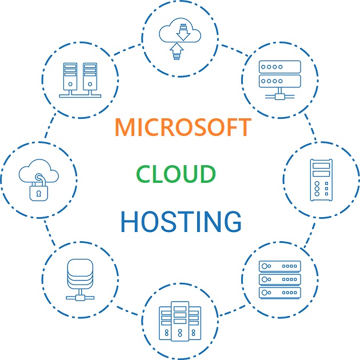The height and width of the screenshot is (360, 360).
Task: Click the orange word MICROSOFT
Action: point(182,127)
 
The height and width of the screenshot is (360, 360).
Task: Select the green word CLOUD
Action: point(176,174)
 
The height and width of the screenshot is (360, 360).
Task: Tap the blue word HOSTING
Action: point(181,221)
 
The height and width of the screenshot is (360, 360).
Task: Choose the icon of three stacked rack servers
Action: point(279,279)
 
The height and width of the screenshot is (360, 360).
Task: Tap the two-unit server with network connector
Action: point(279,77)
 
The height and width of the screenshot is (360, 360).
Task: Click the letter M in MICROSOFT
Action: point(125,127)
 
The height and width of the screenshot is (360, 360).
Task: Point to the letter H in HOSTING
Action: point(130,221)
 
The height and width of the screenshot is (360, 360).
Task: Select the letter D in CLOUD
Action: point(207,174)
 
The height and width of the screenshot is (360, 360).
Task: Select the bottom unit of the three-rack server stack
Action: point(279,293)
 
